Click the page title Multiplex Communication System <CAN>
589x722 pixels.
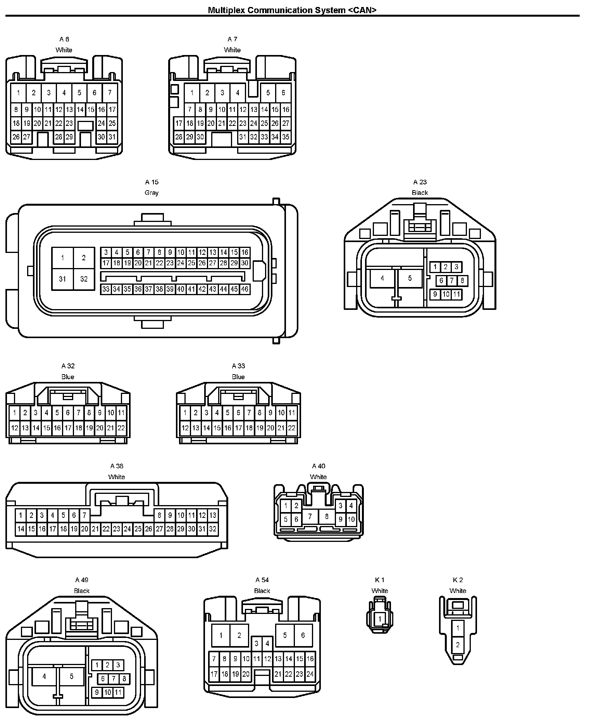292,10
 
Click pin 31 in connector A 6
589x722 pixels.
112,137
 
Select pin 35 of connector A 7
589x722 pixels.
286,137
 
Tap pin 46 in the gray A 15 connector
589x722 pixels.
245,289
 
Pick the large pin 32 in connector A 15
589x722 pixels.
84,279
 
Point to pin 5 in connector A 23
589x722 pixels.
410,278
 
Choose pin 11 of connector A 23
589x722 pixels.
456,294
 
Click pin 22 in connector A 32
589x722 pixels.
121,428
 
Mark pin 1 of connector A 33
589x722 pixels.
185,413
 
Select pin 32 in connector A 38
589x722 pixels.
212,529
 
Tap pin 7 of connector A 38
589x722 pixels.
84,516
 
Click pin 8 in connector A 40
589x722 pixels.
327,516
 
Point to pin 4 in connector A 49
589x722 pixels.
44,677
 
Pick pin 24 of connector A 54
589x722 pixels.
310,674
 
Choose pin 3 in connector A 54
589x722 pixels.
257,644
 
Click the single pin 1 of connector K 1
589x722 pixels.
380,619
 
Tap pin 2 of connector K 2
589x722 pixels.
458,645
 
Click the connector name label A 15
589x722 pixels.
152,182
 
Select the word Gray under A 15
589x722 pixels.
152,193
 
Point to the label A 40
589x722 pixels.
319,466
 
